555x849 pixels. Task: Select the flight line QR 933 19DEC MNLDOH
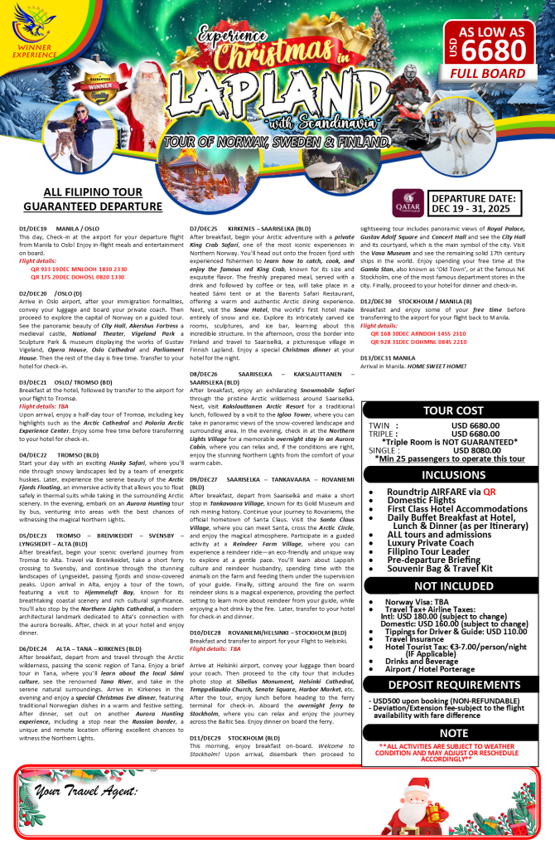[x=79, y=269]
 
